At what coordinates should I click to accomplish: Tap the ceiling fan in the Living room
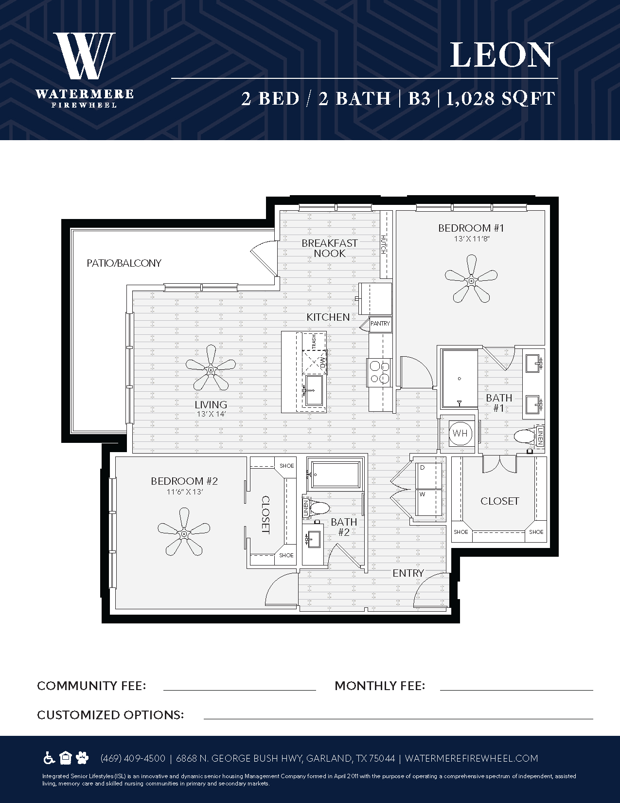(211, 369)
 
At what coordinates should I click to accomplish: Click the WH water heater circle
(460, 433)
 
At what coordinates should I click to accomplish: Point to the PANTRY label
(380, 323)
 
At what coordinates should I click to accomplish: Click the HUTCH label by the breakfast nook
(383, 244)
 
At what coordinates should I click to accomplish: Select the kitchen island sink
(314, 390)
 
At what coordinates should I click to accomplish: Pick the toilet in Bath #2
(319, 510)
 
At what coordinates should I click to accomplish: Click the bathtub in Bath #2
(336, 474)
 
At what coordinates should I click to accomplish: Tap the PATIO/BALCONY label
(124, 263)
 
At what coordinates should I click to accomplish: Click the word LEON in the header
(501, 55)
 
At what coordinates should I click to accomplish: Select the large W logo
(85, 55)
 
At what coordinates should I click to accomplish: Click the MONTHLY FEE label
(380, 686)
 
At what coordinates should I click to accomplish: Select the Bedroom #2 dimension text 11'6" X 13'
(185, 492)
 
